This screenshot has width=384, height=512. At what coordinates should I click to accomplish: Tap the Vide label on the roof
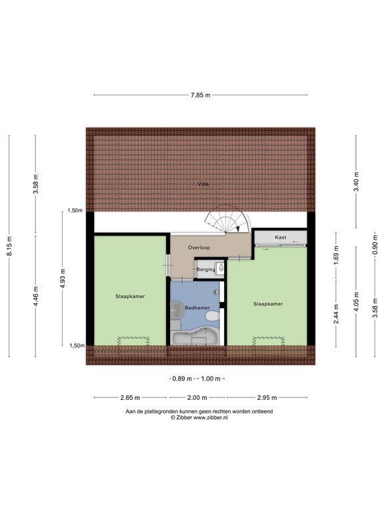pos(202,183)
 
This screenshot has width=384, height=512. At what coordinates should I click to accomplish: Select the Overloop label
pos(199,248)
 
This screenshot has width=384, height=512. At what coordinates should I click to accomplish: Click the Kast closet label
pos(280,237)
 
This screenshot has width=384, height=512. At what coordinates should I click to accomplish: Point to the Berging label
pos(206,269)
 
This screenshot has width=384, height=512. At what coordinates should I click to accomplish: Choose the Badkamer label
pos(198,307)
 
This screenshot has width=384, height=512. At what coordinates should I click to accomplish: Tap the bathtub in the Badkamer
pos(194,338)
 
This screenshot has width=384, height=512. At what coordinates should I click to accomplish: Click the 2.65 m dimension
pos(129,397)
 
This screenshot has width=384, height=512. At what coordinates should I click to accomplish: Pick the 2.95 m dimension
pos(267,397)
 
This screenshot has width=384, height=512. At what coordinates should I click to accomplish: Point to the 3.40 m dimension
pos(356,183)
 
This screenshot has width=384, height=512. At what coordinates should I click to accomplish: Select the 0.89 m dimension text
pos(179,379)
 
